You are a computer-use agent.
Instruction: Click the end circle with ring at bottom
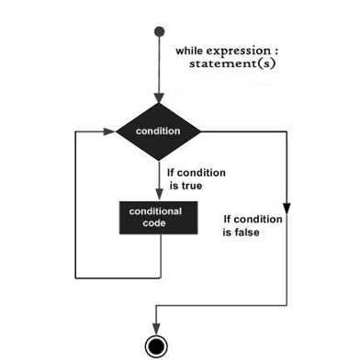(157, 346)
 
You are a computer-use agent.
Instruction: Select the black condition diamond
(158, 131)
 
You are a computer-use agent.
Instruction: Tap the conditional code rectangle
(155, 218)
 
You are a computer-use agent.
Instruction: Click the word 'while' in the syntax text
(191, 50)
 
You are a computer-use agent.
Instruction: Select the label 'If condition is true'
(197, 178)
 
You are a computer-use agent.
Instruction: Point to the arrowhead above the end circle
(157, 328)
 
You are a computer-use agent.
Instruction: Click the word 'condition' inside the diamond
(158, 131)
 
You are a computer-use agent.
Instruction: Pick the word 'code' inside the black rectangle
(155, 224)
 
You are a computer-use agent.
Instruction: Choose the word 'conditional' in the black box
(155, 211)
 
